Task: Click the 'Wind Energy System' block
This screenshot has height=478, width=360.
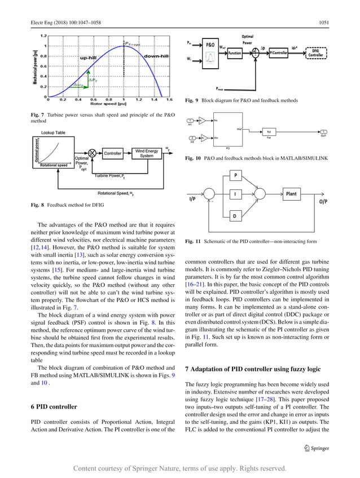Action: [x=147, y=153]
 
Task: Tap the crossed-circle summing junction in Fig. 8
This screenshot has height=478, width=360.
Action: [x=90, y=153]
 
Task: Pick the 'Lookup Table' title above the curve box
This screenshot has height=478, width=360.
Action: [x=53, y=132]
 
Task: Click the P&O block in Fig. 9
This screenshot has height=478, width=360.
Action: [x=210, y=43]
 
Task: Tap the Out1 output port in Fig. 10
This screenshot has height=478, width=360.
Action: [x=323, y=133]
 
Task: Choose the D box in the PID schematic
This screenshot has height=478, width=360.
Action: [x=235, y=215]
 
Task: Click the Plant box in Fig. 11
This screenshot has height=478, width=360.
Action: [x=291, y=194]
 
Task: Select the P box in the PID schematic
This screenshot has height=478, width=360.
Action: [x=235, y=175]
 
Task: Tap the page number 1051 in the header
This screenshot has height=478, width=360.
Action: [x=323, y=23]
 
